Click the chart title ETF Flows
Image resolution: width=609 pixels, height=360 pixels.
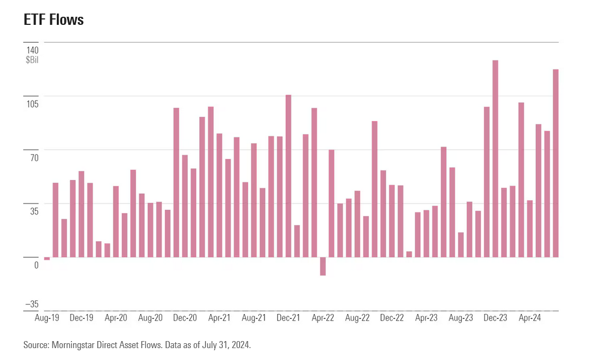point(54,20)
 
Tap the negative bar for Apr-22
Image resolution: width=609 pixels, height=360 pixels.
point(323,266)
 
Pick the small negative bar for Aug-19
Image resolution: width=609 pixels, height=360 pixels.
point(47,258)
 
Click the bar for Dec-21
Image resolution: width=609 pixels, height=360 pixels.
point(288,176)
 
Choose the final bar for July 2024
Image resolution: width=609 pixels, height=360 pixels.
point(555,163)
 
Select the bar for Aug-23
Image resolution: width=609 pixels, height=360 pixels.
point(461,245)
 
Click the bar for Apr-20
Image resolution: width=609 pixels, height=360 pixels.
point(116,222)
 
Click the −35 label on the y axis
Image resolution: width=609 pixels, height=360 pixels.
point(31,304)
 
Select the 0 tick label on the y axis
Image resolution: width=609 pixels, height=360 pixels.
point(36,265)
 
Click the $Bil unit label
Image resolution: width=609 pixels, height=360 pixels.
point(32,60)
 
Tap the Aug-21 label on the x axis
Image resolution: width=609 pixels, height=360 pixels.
point(254,318)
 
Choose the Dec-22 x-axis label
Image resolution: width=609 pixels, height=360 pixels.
point(392,318)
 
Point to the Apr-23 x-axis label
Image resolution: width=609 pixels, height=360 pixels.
point(426,318)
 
